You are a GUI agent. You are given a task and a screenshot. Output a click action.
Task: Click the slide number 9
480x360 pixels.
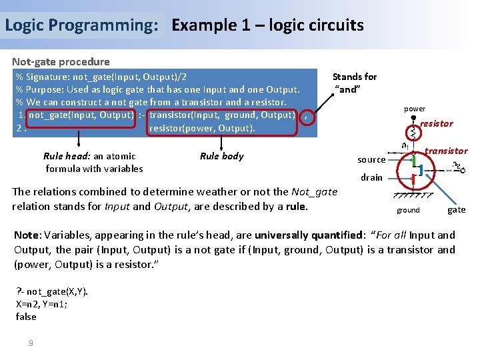[30, 343]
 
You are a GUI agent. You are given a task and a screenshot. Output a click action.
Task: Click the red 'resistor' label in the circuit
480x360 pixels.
[436, 123]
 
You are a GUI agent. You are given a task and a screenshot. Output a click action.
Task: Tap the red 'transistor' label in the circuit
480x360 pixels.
[446, 151]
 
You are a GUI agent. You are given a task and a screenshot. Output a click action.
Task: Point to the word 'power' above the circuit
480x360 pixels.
[414, 109]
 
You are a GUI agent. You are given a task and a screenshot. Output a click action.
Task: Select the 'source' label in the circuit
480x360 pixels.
[371, 160]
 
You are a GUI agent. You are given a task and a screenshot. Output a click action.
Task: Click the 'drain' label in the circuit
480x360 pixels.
[371, 177]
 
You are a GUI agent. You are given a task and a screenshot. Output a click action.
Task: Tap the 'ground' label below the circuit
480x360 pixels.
[408, 210]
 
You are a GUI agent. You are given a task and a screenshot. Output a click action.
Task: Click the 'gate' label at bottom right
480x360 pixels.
[457, 210]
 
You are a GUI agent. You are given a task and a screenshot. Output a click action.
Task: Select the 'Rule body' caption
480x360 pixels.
[221, 156]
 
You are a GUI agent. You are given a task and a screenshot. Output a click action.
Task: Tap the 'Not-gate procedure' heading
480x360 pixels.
[61, 62]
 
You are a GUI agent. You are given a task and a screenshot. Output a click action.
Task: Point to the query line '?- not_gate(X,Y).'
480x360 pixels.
[51, 291]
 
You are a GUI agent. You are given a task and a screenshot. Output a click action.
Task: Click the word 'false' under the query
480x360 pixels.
[26, 317]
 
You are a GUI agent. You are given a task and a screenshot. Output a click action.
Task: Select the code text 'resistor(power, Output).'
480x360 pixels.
[202, 128]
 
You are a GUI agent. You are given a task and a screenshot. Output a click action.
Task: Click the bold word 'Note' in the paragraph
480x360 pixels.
[26, 235]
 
